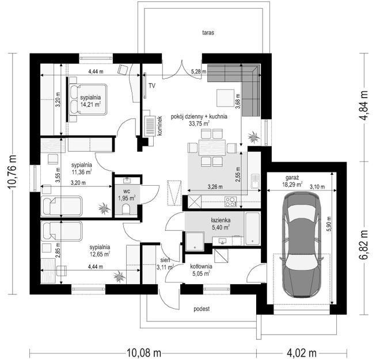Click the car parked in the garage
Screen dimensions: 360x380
click(303, 244)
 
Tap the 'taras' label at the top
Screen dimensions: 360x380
click(208, 33)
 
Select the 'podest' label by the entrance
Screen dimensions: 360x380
click(201, 309)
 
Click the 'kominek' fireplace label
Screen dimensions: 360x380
click(159, 125)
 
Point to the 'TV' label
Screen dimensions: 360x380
click(152, 86)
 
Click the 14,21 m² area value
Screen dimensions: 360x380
click(91, 105)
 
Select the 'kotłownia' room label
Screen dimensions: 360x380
click(202, 267)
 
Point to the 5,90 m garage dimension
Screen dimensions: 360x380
click(330, 222)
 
